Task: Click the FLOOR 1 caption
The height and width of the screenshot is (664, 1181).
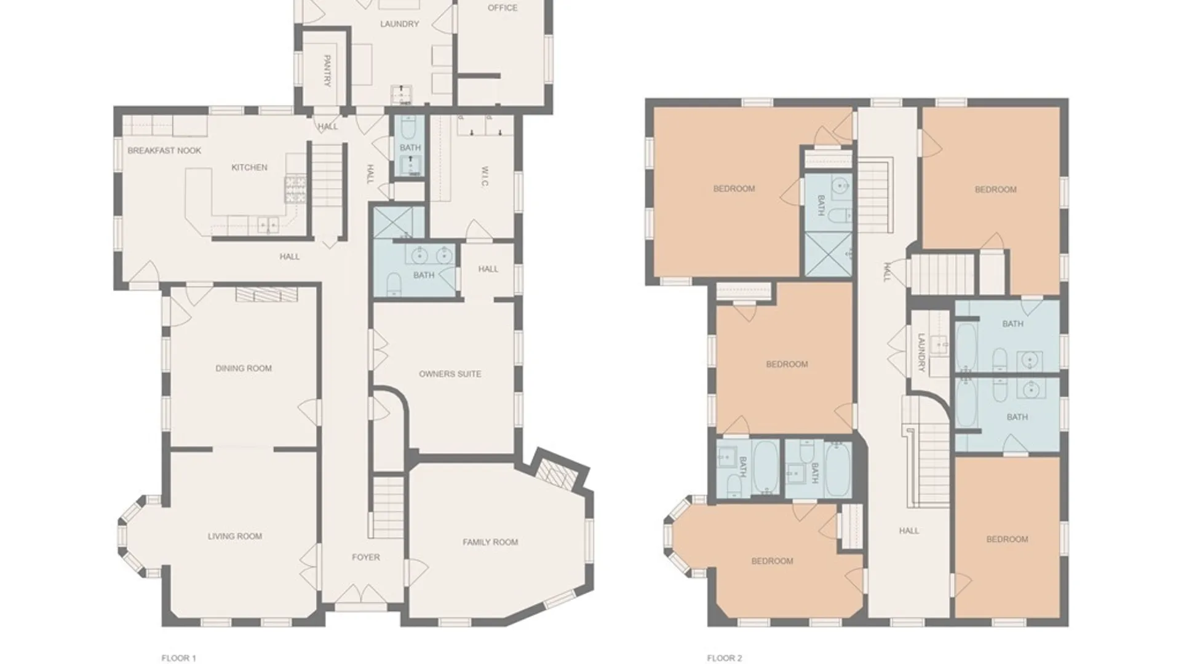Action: (x=178, y=658)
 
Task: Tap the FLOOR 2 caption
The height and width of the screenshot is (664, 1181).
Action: (x=724, y=658)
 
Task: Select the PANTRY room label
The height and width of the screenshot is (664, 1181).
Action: (x=327, y=71)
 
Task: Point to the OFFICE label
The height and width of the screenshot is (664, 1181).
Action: (x=503, y=8)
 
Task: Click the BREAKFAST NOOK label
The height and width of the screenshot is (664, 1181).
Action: (x=164, y=151)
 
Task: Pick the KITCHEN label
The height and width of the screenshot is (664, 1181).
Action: (x=249, y=167)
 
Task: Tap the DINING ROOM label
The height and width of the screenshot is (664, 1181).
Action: (x=244, y=368)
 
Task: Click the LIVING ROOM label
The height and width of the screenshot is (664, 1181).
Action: (x=235, y=536)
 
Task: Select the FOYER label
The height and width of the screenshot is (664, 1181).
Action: (x=366, y=557)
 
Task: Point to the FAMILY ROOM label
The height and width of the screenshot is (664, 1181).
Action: (x=490, y=542)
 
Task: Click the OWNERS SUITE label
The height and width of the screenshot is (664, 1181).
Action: (x=450, y=374)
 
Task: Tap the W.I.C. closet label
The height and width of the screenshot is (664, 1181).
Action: (x=485, y=176)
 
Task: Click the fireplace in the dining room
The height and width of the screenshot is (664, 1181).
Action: (x=267, y=294)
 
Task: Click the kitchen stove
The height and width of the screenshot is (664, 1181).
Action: (x=295, y=189)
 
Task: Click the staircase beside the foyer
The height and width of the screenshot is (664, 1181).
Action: (x=388, y=508)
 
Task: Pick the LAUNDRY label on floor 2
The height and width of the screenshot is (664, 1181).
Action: (x=921, y=353)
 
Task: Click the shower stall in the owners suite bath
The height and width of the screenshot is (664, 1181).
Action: (x=399, y=222)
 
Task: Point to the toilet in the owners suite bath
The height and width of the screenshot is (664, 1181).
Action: (x=394, y=285)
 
